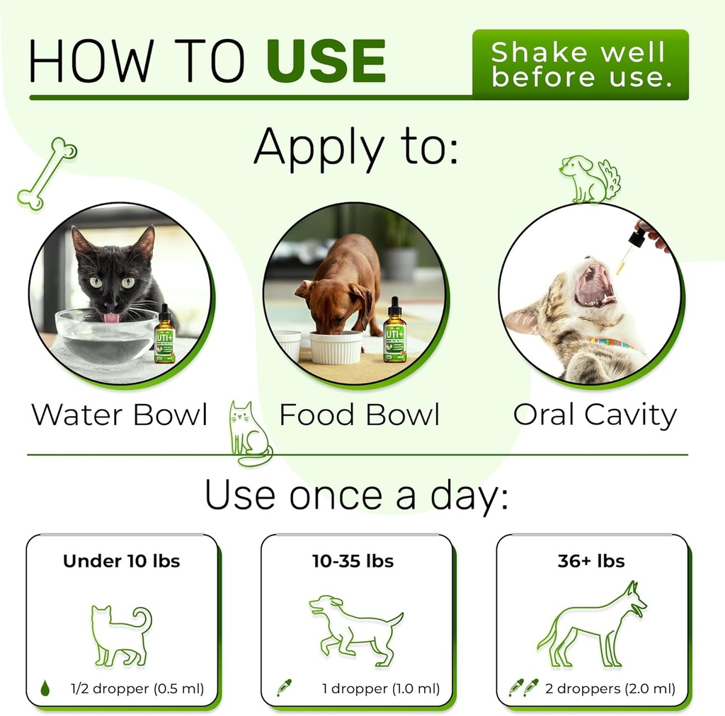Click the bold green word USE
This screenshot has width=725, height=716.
pyautogui.click(x=326, y=62)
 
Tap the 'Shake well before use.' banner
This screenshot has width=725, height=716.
pyautogui.click(x=580, y=64)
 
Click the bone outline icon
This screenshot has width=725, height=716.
pyautogui.click(x=47, y=173)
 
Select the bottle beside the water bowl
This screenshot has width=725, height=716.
pyautogui.click(x=164, y=335)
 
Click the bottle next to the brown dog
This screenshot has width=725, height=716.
pyautogui.click(x=394, y=332)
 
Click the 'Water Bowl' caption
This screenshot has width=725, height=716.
pyautogui.click(x=120, y=415)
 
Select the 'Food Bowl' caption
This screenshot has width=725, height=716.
pyautogui.click(x=360, y=415)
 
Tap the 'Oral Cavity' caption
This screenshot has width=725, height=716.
pyautogui.click(x=595, y=415)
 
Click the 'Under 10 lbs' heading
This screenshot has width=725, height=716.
pyautogui.click(x=122, y=562)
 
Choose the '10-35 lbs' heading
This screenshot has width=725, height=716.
pyautogui.click(x=353, y=562)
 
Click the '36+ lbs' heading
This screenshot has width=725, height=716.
pyautogui.click(x=591, y=562)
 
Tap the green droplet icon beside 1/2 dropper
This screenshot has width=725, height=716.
pyautogui.click(x=45, y=687)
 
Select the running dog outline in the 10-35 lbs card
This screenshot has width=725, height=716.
pyautogui.click(x=354, y=628)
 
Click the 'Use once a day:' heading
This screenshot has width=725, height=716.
pyautogui.click(x=356, y=496)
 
